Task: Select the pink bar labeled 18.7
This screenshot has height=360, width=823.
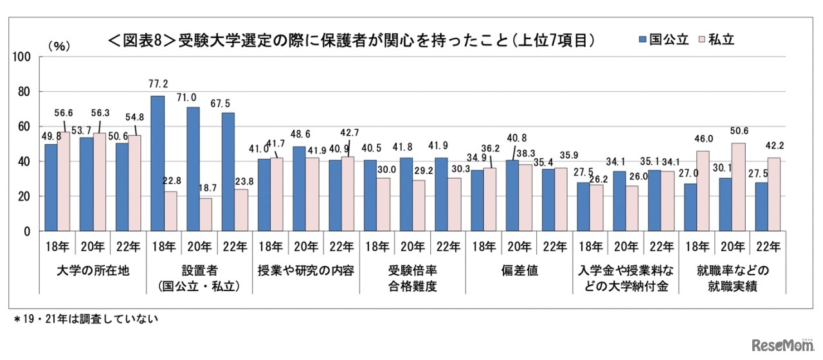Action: pos(205,215)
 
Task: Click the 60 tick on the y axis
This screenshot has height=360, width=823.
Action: pos(25,127)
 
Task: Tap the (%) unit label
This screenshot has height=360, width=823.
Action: pos(59,46)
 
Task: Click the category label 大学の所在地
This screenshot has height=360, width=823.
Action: pos(91,271)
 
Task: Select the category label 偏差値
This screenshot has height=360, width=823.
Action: pos(519,271)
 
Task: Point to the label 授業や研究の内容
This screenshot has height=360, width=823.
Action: pos(305,271)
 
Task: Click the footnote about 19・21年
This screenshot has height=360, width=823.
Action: pos(86,318)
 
